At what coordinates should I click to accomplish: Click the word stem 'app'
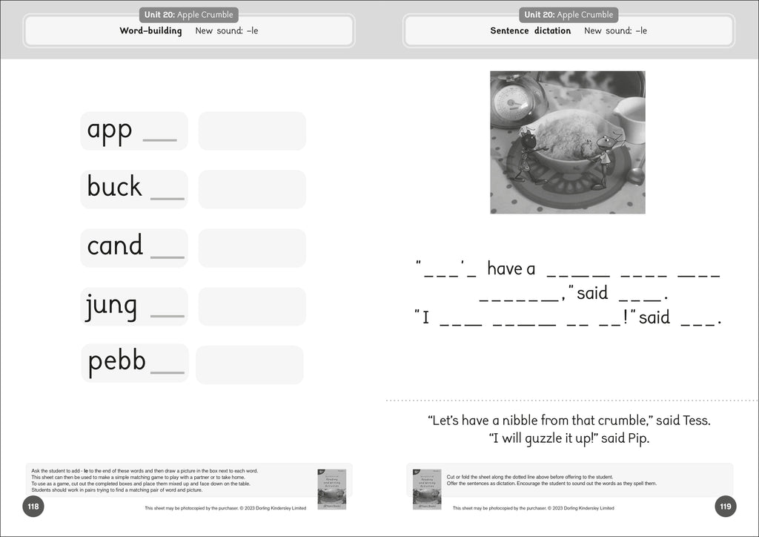click(x=110, y=130)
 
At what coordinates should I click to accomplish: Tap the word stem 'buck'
click(x=114, y=187)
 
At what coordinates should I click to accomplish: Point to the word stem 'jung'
click(x=112, y=306)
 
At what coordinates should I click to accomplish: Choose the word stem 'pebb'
click(x=116, y=362)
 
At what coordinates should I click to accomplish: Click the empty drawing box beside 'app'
click(x=252, y=131)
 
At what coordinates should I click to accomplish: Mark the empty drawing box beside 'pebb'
click(x=249, y=365)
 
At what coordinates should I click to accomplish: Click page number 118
click(x=33, y=507)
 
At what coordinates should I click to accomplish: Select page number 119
click(x=725, y=507)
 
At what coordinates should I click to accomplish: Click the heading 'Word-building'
click(x=150, y=31)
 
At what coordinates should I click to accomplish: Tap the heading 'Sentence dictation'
click(x=530, y=31)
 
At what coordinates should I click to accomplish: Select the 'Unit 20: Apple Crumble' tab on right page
click(x=569, y=15)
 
